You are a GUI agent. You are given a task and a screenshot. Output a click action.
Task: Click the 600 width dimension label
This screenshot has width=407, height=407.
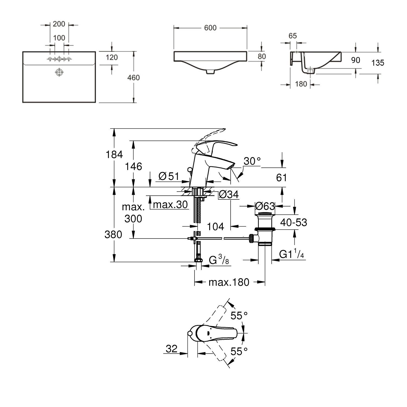pos(210,28)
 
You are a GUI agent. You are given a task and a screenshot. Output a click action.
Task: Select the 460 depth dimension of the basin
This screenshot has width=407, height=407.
pos(133,78)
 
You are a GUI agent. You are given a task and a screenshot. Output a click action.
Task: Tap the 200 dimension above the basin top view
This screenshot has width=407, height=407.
pos(59,24)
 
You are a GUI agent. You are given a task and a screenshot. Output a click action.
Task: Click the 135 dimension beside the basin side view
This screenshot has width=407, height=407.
pos(378,63)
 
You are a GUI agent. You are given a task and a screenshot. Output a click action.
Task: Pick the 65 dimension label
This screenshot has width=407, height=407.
pos(293,36)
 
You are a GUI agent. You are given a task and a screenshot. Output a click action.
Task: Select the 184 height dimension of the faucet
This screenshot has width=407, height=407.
pos(114,155)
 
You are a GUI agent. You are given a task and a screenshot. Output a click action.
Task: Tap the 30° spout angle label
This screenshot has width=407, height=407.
pos(252,161)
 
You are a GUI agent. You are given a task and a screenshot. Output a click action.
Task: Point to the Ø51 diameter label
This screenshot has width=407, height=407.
pos(169,177)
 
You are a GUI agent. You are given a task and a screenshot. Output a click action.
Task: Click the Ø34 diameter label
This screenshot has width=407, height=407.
pos(228,194)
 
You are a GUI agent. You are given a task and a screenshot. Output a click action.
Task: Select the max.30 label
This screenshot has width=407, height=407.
pos(170,205)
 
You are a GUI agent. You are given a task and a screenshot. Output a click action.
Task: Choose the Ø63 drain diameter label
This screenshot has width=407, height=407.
pos(265,207)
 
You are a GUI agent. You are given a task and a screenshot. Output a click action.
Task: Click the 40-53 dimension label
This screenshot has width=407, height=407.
pos(294,222)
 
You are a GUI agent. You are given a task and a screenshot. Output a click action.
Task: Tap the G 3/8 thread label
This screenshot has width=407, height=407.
pos(219,261)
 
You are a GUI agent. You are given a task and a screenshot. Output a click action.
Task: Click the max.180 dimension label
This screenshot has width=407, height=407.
pos(228,282)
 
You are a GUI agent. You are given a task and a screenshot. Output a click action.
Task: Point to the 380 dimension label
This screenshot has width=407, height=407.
pos(113,234)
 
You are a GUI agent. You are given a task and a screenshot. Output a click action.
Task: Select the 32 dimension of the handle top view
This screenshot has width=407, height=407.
pos(171,349)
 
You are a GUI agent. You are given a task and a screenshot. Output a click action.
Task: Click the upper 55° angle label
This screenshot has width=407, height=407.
pos(239,316)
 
